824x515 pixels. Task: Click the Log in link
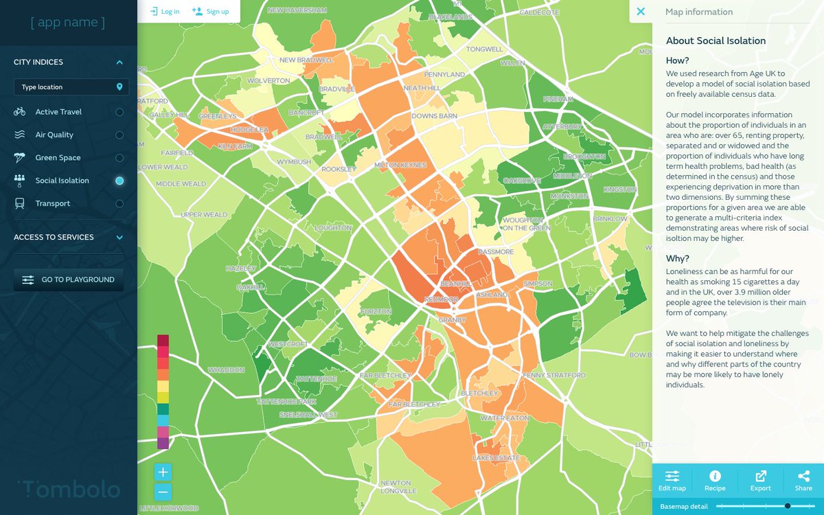coord(165,11)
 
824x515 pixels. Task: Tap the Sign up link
coord(211,11)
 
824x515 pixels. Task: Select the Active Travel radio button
coord(119,112)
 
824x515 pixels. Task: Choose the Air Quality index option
coord(54,135)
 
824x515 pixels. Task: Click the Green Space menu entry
coord(58,158)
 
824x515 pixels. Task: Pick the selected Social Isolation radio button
coord(119,181)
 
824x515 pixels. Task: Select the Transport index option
coord(52,203)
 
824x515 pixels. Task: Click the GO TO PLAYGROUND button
coord(69,280)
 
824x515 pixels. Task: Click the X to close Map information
coord(641,12)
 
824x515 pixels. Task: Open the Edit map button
coord(672,481)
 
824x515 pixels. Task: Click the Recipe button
coord(715,481)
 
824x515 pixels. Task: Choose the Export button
coord(760,481)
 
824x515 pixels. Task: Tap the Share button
coord(803,481)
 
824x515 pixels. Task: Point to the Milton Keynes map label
coord(400,165)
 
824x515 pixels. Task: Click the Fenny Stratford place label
coord(554,376)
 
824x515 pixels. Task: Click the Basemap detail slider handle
coord(788,506)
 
